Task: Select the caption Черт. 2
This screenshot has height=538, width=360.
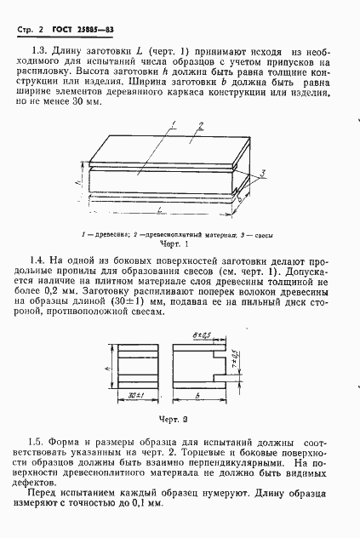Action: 179,418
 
